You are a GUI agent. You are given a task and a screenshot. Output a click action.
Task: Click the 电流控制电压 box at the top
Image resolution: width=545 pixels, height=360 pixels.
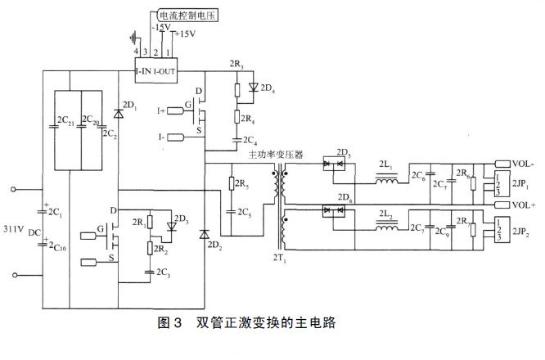pos(186,14)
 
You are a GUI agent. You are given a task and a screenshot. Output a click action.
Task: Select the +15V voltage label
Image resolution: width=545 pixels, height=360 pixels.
pos(187,34)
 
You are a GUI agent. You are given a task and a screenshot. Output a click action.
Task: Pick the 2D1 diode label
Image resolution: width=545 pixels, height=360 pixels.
pos(128,106)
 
